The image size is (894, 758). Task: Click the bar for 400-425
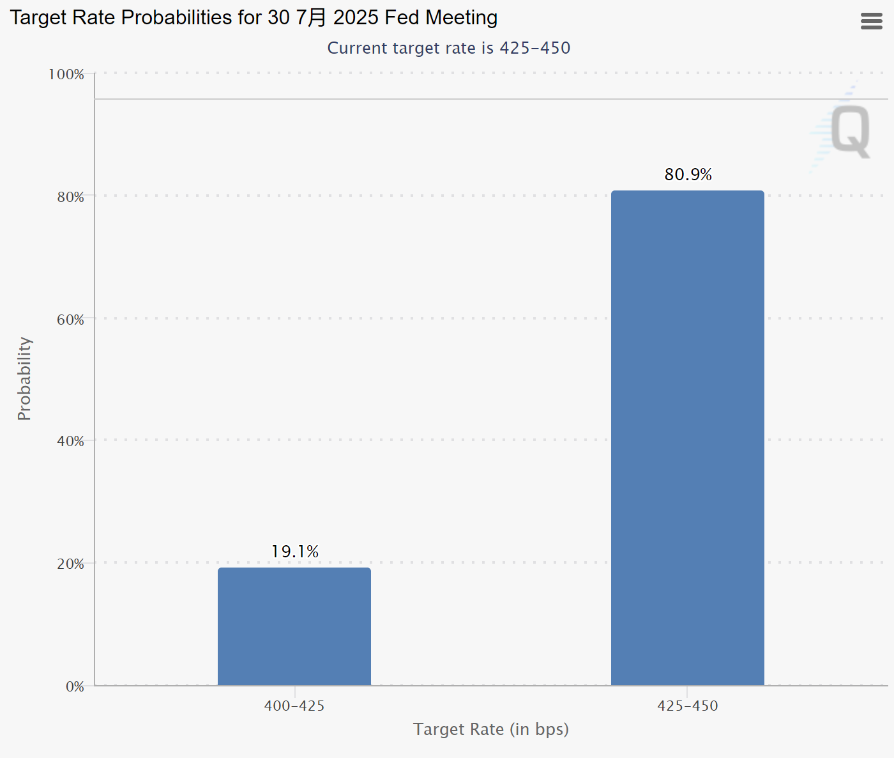coord(294,626)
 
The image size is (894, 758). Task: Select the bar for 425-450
coord(687,438)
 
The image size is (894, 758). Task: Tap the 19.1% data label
coord(295,552)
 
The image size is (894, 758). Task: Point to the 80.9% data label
coord(688,174)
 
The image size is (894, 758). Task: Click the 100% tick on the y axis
coord(66,74)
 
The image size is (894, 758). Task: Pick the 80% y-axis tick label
coord(70,197)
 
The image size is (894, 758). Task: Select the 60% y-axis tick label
coord(70,320)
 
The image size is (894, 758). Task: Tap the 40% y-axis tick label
coord(70,441)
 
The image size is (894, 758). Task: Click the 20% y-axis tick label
coord(70,564)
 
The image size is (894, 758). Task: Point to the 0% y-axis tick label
coord(75,686)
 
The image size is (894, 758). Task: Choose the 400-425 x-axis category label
coord(294,706)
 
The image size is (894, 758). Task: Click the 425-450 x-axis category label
coord(688,706)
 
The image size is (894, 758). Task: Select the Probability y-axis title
coord(24,378)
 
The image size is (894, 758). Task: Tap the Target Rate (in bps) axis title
coord(490,729)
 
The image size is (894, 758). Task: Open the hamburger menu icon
coord(872,21)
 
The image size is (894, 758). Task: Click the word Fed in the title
coord(402,18)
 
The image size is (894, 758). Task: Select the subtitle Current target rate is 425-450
coord(448,48)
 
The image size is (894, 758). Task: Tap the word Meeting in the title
coord(462,18)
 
